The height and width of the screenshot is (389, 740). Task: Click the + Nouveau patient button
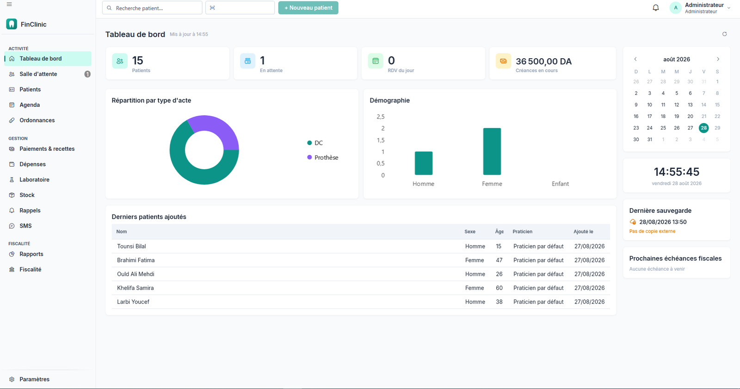point(308,8)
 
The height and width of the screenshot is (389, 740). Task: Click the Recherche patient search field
point(152,8)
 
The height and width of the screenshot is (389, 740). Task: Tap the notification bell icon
point(656,7)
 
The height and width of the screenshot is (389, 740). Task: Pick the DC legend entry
point(315,143)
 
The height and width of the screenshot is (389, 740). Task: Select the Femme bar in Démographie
point(492,151)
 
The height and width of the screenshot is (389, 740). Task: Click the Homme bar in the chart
point(424,163)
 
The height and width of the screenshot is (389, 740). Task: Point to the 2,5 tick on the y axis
point(381,117)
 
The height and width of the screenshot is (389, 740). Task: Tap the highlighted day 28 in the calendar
point(703,128)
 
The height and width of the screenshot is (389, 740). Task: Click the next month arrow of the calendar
point(718,59)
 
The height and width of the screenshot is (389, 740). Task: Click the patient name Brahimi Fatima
point(136,260)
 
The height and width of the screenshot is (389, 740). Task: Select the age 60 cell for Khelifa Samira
point(499,288)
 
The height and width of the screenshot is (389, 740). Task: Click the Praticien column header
point(522,232)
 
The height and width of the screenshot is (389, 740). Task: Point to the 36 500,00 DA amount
point(543,62)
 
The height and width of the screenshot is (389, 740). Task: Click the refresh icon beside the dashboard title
point(724,34)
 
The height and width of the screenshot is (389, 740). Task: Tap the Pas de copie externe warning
point(652,231)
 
